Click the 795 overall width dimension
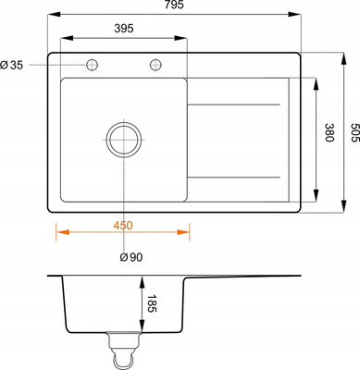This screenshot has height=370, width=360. (174, 5)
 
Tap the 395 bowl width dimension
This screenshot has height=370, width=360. (124, 29)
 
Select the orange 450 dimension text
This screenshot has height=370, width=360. (123, 226)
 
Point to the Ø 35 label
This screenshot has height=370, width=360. (11, 65)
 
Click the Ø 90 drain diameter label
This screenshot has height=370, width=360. (131, 257)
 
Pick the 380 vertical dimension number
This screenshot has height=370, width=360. (329, 132)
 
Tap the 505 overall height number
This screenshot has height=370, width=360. (355, 132)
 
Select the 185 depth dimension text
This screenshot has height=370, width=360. (152, 303)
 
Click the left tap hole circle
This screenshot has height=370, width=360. (92, 65)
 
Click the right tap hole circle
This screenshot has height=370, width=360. (155, 65)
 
